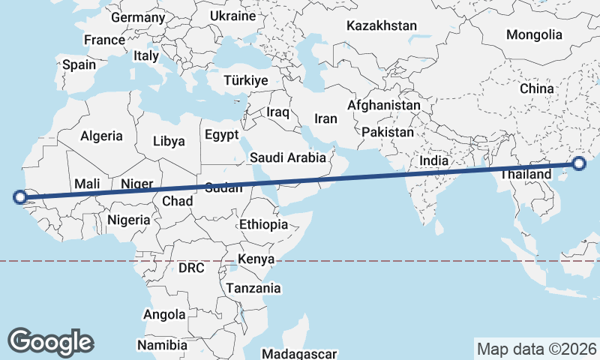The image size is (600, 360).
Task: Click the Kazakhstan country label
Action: click(381, 25)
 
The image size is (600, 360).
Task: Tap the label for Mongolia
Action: click(534, 34)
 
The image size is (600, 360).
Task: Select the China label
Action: click(536, 88)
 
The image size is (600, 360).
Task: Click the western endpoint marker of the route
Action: click(19, 198)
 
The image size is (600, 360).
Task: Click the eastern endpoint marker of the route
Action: click(580, 164)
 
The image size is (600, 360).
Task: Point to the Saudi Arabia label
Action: click(288, 157)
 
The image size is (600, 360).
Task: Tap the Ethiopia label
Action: click(263, 224)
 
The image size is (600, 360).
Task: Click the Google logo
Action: click(51, 341)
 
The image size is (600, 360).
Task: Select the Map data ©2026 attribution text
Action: click(536, 349)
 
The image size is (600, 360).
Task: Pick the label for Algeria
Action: click(101, 136)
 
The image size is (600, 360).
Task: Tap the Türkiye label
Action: click(246, 80)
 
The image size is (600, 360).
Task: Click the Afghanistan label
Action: click(384, 106)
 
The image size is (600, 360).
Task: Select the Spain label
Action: click(79, 64)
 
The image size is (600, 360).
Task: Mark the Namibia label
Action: click(163, 345)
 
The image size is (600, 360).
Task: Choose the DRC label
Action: click(191, 268)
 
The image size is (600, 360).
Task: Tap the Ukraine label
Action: click(232, 15)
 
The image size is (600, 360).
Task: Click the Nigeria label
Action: click(129, 220)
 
